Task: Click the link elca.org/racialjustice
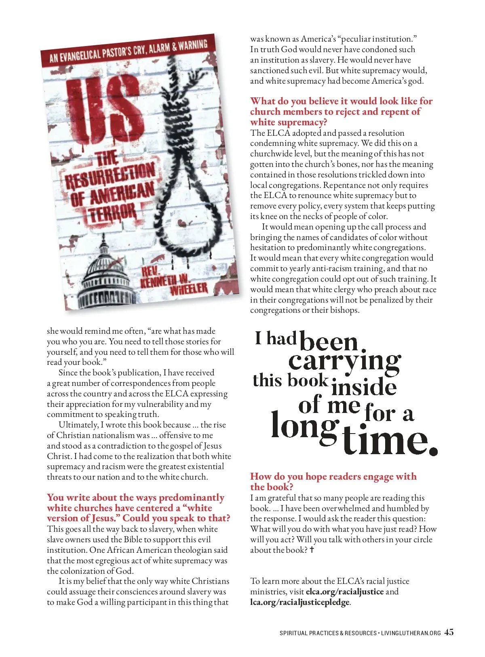344,592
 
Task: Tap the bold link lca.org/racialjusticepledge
299,602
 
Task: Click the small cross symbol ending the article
312,550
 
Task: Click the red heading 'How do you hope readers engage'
333,476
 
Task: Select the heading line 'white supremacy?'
289,122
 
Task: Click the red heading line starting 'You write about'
135,497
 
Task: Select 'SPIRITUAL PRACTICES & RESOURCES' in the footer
328,633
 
